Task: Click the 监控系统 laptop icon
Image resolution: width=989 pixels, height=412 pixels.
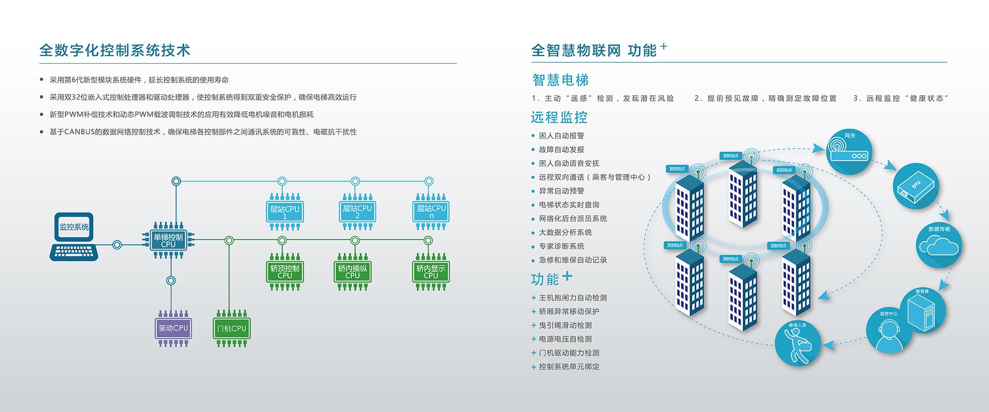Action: (x=74, y=236)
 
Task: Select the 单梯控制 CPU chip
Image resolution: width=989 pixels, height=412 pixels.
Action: (x=168, y=240)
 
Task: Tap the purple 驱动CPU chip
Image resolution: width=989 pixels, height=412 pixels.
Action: (x=174, y=328)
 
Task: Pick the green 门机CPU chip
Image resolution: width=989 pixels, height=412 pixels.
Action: (x=232, y=328)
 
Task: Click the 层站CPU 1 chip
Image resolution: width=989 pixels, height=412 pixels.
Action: (x=285, y=212)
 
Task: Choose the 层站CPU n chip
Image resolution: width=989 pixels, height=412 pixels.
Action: (x=431, y=211)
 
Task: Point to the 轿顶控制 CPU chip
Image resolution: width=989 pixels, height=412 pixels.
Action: (x=285, y=271)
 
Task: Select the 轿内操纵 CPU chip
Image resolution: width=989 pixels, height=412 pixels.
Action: (x=353, y=271)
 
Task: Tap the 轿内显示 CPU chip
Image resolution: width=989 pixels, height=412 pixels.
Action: (x=431, y=271)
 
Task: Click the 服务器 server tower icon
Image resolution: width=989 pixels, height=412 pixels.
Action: (x=922, y=313)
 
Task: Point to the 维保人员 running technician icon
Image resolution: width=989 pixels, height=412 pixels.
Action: (x=797, y=343)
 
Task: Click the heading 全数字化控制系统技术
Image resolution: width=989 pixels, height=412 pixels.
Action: (x=115, y=50)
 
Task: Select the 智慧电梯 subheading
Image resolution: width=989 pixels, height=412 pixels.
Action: (x=560, y=80)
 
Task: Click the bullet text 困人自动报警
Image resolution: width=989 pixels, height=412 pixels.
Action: (x=561, y=136)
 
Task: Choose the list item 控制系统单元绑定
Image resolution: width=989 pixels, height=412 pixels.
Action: (x=569, y=367)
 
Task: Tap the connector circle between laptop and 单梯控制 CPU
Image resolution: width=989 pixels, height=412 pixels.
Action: (x=117, y=245)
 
